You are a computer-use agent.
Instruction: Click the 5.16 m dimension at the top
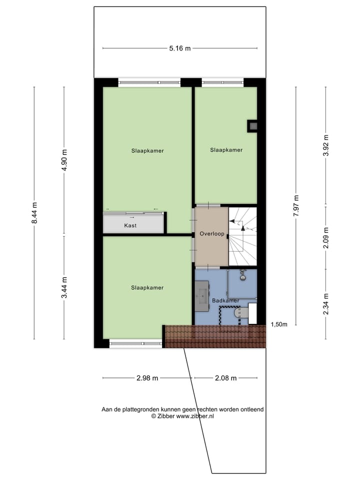(x=180, y=48)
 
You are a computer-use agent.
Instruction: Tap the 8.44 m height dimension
(x=34, y=213)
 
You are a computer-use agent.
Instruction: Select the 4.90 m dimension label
(x=64, y=160)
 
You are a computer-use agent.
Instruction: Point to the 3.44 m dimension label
(x=64, y=287)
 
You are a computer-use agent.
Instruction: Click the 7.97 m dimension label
(x=295, y=205)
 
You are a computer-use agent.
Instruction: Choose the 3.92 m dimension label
(x=326, y=146)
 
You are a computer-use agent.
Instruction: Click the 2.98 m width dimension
(x=147, y=378)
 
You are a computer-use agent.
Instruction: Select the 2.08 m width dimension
(x=225, y=378)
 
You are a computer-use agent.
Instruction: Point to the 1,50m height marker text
(x=279, y=324)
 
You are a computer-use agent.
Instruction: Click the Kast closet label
(x=130, y=225)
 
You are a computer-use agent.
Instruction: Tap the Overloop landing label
(x=211, y=233)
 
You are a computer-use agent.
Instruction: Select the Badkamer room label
(x=225, y=300)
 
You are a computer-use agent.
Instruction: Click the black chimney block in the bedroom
(x=253, y=126)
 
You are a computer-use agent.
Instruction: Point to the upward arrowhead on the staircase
(x=242, y=227)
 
